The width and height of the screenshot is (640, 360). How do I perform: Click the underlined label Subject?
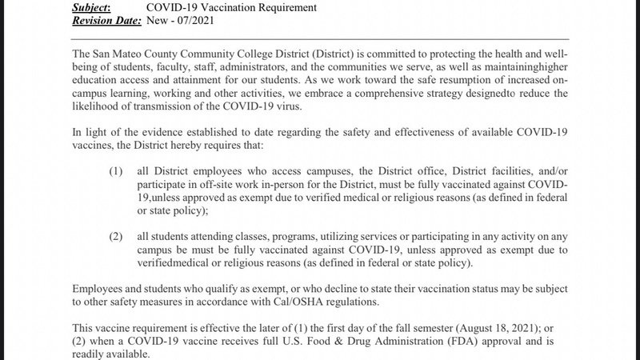pyautogui.click(x=95, y=7)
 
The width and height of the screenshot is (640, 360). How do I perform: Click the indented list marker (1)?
pyautogui.click(x=118, y=170)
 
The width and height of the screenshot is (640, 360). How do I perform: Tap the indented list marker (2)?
pyautogui.click(x=118, y=236)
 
